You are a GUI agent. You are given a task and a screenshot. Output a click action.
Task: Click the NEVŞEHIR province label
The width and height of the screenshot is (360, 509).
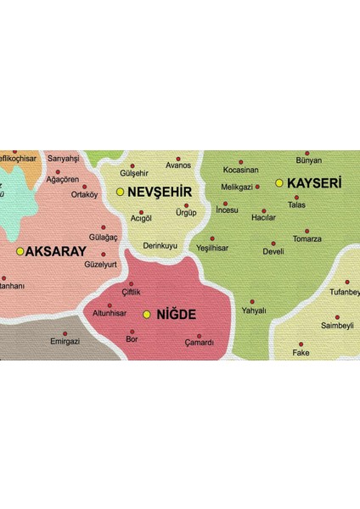(159, 192)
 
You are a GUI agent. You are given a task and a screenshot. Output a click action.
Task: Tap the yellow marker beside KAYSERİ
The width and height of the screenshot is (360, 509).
(279, 182)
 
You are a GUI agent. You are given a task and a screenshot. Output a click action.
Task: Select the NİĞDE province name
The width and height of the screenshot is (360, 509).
(175, 315)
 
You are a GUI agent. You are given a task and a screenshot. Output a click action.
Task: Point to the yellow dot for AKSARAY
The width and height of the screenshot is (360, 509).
(20, 251)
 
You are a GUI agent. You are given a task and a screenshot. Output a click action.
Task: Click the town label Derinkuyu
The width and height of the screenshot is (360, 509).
(160, 245)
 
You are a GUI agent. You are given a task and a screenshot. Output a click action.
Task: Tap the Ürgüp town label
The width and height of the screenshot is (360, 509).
(186, 214)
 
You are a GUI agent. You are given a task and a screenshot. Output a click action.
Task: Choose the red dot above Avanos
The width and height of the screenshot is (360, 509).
(178, 158)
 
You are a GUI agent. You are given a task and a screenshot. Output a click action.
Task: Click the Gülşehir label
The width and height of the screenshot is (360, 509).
(134, 173)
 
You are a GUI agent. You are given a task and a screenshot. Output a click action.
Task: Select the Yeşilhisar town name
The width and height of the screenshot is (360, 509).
(212, 248)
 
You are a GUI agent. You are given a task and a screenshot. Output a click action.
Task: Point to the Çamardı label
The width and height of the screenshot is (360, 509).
(200, 343)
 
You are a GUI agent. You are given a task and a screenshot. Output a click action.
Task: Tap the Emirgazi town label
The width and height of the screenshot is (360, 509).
(65, 342)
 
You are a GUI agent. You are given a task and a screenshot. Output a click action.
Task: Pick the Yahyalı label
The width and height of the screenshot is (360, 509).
(254, 310)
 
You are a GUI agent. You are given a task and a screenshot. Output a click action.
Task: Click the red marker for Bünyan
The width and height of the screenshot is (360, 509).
(307, 153)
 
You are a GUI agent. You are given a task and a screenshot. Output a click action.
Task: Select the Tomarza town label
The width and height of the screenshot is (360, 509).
(307, 239)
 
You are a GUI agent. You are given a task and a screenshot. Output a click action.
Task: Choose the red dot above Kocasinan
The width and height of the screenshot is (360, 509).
(240, 161)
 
